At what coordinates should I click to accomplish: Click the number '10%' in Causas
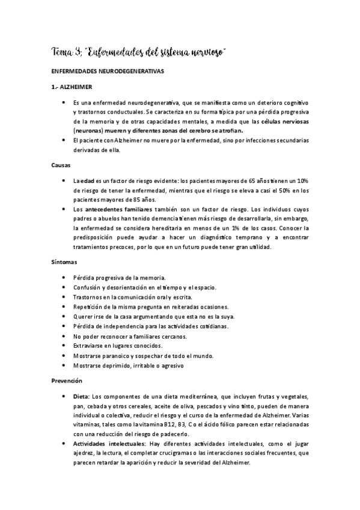pos(302,180)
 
